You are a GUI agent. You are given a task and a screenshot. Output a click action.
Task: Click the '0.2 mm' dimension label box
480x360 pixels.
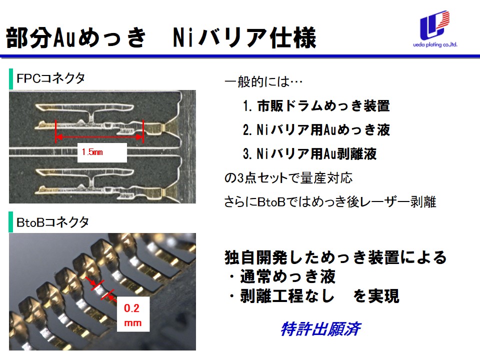pyautogui.click(x=132, y=315)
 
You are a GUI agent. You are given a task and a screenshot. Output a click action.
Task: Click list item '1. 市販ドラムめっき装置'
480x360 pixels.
pyautogui.click(x=316, y=106)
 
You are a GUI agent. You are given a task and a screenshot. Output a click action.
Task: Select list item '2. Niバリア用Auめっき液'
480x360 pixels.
pyautogui.click(x=316, y=130)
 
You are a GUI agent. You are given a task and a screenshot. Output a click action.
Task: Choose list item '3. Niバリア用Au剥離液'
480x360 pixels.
pyautogui.click(x=309, y=154)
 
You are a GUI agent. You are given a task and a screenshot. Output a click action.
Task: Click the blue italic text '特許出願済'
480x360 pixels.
pyautogui.click(x=320, y=329)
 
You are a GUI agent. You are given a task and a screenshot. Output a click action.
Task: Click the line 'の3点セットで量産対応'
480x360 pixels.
pyautogui.click(x=289, y=178)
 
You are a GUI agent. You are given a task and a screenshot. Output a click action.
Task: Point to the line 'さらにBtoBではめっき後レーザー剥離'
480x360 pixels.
pyautogui.click(x=329, y=202)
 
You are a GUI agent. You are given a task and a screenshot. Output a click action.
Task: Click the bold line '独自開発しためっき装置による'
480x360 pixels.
pyautogui.click(x=335, y=257)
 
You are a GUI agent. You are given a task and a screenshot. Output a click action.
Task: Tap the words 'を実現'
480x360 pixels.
pyautogui.click(x=376, y=296)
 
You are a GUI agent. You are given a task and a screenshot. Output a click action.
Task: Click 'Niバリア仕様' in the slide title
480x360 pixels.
pyautogui.click(x=244, y=37)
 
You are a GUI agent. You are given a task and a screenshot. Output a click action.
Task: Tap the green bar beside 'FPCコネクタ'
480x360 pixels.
pyautogui.click(x=11, y=78)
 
